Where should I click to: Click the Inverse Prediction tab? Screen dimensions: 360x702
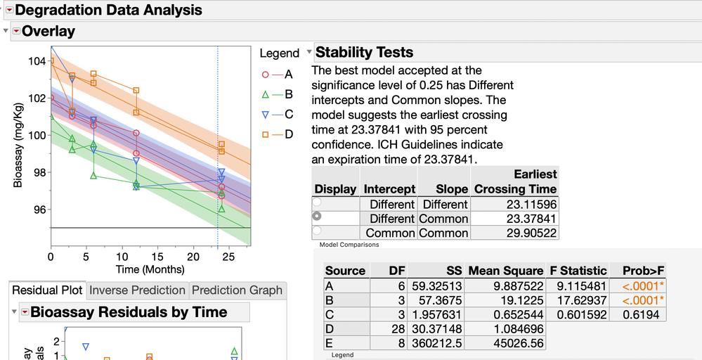(x=138, y=290)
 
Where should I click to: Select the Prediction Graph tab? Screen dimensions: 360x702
(x=237, y=290)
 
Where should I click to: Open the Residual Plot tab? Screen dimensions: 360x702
(x=47, y=290)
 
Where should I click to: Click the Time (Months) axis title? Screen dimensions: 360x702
(x=150, y=269)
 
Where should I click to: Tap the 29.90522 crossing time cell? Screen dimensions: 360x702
(x=516, y=233)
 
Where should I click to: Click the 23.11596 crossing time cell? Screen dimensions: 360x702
(x=516, y=204)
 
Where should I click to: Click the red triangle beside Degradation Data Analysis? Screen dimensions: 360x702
(x=9, y=10)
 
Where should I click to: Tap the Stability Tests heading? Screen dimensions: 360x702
(x=364, y=52)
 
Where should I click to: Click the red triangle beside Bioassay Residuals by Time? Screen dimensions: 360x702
(x=25, y=311)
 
